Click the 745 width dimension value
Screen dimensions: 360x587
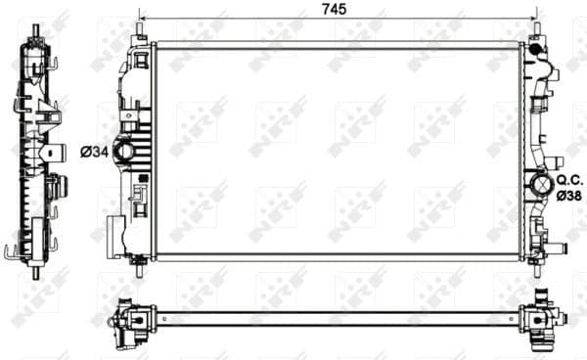point(337,10)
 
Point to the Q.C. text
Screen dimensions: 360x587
point(569,180)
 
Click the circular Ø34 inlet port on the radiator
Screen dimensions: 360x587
point(125,152)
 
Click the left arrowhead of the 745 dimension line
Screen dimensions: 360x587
point(144,19)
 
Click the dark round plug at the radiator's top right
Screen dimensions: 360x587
point(535,46)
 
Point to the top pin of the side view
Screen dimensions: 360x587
point(35,22)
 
